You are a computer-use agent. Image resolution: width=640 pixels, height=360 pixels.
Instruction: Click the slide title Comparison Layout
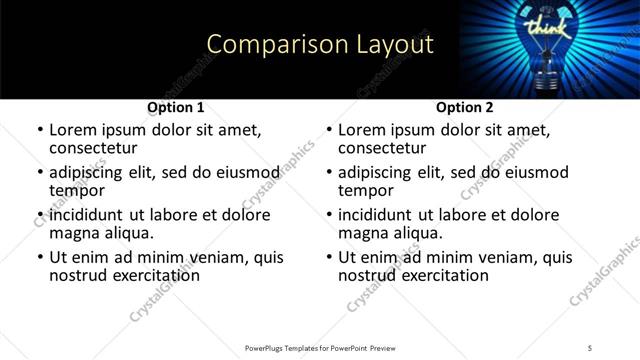(320, 45)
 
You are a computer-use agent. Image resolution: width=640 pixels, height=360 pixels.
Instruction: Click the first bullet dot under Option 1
(39, 131)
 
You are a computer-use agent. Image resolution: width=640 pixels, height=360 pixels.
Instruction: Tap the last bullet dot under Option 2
(328, 258)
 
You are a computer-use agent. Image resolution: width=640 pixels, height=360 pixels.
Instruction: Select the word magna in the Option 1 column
(73, 233)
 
